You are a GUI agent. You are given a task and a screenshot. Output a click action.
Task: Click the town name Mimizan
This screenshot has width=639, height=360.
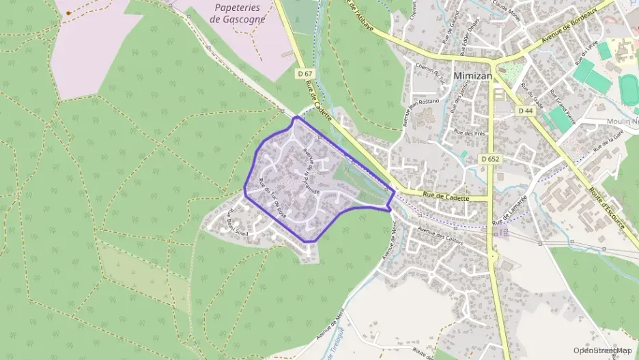coord(472,76)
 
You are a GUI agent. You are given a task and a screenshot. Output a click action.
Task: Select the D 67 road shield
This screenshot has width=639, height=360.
coord(304,72)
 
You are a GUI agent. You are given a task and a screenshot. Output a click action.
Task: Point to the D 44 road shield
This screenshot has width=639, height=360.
coord(525,110)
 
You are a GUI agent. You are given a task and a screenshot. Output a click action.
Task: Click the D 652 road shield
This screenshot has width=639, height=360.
coord(490,159)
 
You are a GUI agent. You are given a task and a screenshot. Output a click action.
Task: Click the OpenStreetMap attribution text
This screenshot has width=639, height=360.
coord(603,350)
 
